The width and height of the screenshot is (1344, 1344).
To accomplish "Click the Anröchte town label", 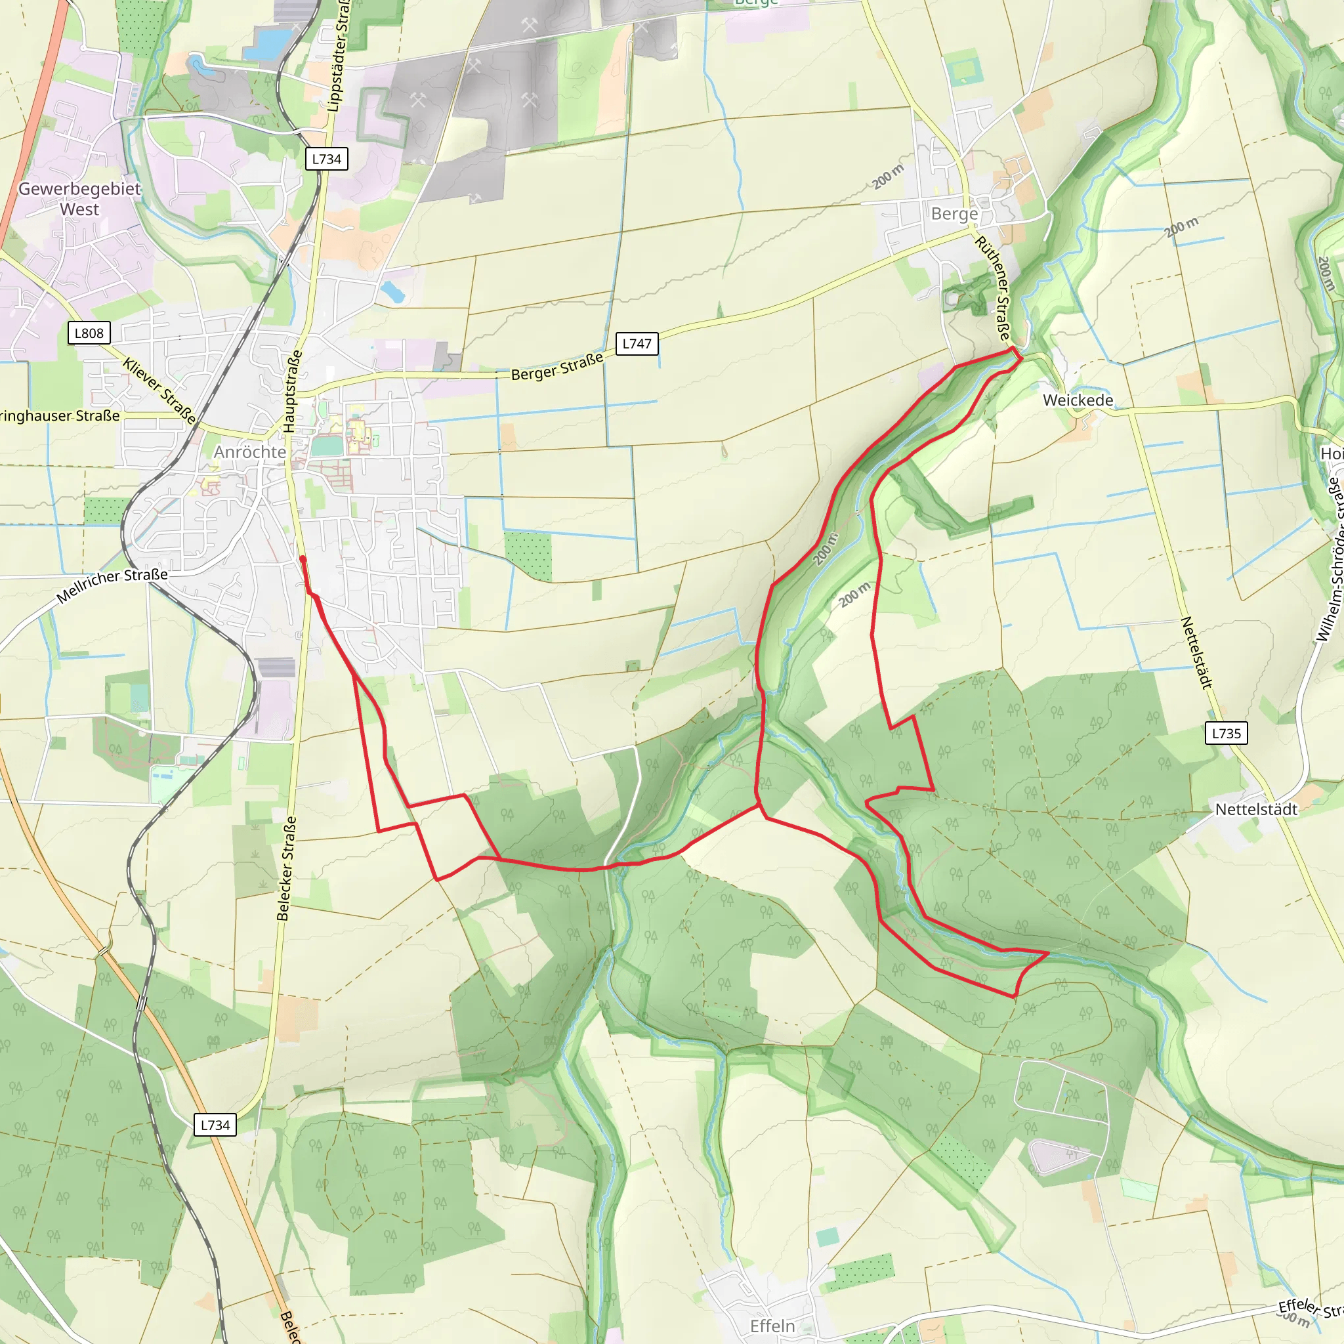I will [x=250, y=452].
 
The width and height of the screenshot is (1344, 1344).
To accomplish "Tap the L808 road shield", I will [x=89, y=333].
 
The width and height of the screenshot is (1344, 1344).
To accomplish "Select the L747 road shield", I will [x=637, y=344].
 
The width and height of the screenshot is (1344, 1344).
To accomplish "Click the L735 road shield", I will [x=1226, y=733].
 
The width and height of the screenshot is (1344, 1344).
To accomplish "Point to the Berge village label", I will [x=954, y=213].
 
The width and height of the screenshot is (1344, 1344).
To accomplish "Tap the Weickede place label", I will [x=1078, y=400].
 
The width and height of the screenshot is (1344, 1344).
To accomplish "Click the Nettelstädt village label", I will [x=1256, y=809].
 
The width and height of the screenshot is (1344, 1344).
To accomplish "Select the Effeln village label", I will [x=772, y=1326].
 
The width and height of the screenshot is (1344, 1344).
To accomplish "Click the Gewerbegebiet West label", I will [x=79, y=199].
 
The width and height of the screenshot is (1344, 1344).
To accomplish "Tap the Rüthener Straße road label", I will [x=994, y=288].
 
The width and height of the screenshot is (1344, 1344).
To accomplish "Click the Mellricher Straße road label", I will [x=112, y=585].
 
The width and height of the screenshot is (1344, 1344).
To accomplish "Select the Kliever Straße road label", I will [x=159, y=391].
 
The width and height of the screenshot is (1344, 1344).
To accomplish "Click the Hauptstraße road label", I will [x=293, y=391].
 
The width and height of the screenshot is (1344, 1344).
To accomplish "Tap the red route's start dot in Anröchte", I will [x=303, y=558].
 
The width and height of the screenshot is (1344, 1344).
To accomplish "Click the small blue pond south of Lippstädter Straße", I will [x=392, y=292].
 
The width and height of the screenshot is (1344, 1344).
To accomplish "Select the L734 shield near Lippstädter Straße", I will [x=326, y=159].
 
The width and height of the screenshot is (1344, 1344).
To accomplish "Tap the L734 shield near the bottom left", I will [x=215, y=1125].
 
